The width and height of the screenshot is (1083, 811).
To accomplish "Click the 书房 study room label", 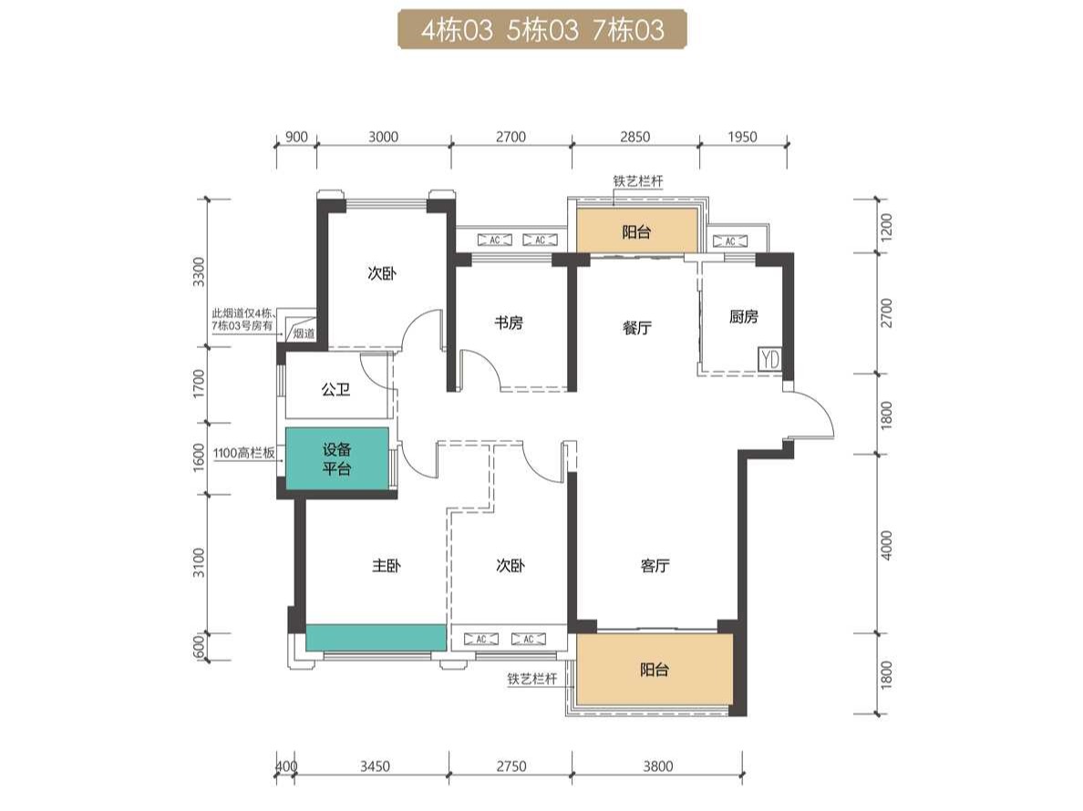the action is click(x=509, y=323).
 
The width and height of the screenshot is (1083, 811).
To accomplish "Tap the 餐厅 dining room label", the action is click(x=637, y=327).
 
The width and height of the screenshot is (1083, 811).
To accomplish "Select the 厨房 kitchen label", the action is click(x=743, y=317).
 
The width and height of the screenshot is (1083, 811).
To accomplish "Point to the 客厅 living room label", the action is click(x=655, y=566).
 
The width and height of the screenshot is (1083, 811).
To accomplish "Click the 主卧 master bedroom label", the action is click(x=387, y=566).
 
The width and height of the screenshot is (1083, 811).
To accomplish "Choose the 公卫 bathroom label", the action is click(x=335, y=390).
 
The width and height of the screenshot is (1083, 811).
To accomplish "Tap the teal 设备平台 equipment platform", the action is click(x=337, y=458).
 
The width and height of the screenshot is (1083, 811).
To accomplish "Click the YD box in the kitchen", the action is click(x=769, y=359).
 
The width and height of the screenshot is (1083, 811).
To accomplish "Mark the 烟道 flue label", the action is click(x=304, y=334).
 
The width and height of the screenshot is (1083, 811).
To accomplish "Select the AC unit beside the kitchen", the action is click(x=730, y=241).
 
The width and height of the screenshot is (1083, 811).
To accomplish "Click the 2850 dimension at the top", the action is click(x=634, y=137).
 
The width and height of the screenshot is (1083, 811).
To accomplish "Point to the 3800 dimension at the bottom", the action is click(x=657, y=766).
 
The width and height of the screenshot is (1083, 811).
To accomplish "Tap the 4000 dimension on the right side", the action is click(x=887, y=545).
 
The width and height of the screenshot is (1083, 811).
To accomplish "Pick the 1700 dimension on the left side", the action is click(x=199, y=384).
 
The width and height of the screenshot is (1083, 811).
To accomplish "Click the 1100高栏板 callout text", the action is click(x=243, y=454).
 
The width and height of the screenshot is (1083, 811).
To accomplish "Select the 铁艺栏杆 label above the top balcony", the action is click(x=638, y=181).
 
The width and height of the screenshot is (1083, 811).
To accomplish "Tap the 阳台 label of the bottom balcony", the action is click(x=654, y=670).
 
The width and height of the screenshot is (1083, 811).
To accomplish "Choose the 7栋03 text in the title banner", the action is click(x=628, y=30).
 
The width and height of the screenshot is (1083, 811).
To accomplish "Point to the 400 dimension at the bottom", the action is click(x=286, y=766).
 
